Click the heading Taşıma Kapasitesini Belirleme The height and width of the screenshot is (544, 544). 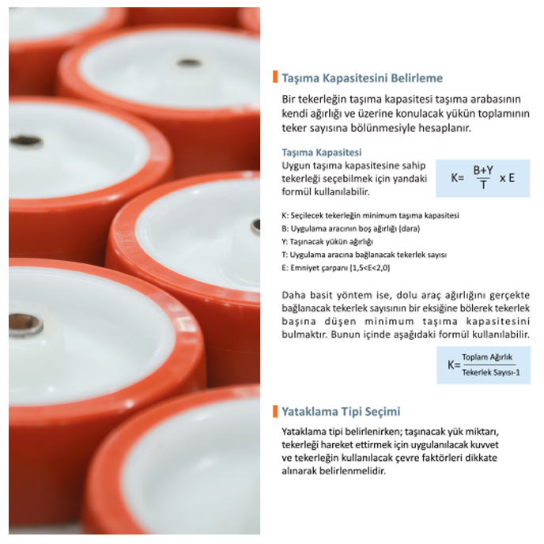362,78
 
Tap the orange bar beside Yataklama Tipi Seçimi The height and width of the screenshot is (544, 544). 275,411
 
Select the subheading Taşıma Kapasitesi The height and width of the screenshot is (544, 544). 322,153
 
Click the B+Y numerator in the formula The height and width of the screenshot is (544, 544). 483,170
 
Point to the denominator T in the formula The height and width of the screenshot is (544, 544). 483,185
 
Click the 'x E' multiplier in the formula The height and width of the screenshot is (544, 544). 507,179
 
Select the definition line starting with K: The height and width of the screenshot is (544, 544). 370,216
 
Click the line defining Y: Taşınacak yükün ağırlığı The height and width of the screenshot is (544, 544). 327,242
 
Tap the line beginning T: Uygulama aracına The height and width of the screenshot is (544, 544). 364,255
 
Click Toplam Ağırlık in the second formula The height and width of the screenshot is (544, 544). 487,357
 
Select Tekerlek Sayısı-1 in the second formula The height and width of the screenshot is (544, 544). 491,372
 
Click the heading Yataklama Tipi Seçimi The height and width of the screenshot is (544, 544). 341,412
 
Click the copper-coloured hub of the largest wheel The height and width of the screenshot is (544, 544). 25,326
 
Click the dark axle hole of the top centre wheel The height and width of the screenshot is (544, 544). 189,62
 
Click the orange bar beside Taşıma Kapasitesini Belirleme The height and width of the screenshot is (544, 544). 275,77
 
